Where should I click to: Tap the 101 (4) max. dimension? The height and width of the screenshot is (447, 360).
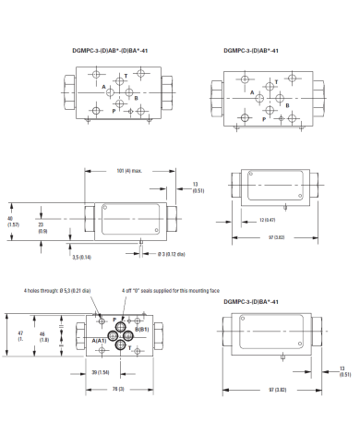pyautogui.click(x=130, y=169)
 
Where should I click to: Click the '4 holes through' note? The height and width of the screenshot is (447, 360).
pyautogui.click(x=57, y=291)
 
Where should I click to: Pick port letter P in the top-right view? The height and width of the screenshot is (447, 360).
pyautogui.click(x=263, y=119)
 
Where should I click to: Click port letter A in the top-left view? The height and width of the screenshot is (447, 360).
pyautogui.click(x=90, y=87)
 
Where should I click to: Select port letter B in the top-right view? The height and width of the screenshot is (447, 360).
pyautogui.click(x=287, y=105)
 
